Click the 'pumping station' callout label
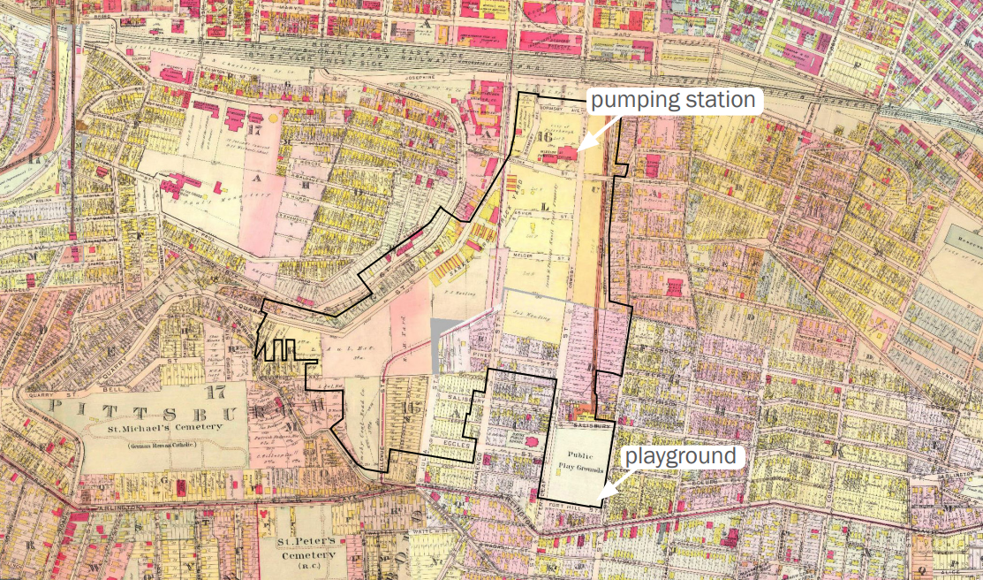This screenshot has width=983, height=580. pos(674,100)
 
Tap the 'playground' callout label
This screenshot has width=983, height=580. pos(680,456)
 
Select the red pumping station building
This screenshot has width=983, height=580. pos(565,153)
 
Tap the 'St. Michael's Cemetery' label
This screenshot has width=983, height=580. pos(166,430)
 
